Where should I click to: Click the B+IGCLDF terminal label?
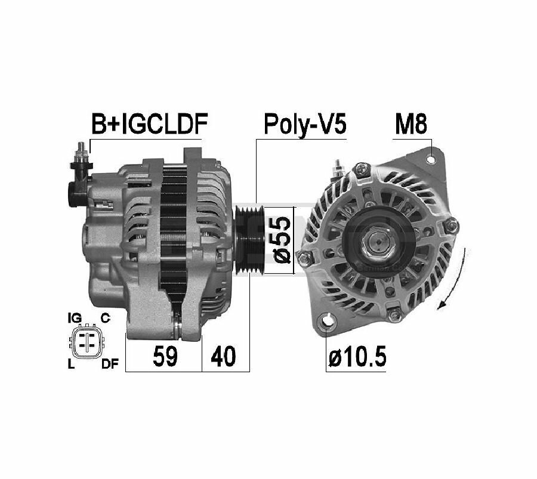(150, 123)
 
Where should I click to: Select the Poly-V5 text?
(305, 125)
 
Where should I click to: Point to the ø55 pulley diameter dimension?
(281, 240)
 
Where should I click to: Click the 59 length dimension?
(165, 356)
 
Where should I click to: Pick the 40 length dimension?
(223, 356)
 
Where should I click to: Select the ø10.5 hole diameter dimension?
(357, 356)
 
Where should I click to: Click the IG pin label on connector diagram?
(75, 318)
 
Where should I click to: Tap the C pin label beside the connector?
(105, 318)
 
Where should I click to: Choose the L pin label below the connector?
(71, 364)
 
